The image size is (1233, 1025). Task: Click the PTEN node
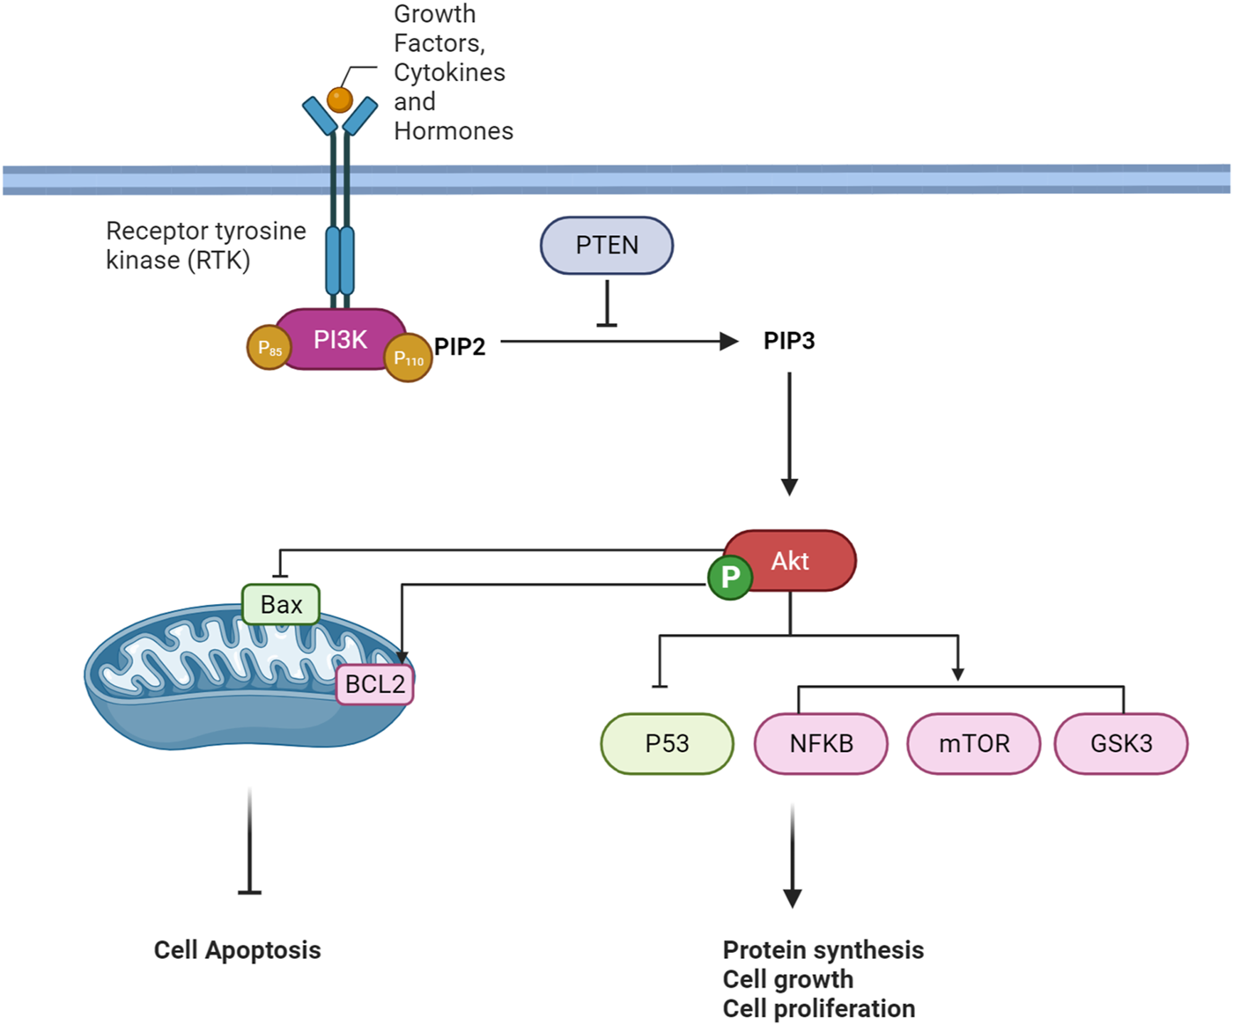pyautogui.click(x=607, y=245)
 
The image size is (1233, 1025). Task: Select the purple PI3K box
pyautogui.click(x=341, y=339)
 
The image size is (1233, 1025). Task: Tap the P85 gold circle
pyautogui.click(x=269, y=348)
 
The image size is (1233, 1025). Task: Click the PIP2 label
pyautogui.click(x=460, y=347)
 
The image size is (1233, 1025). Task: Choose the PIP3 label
pyautogui.click(x=789, y=341)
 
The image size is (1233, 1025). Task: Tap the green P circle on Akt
pyautogui.click(x=730, y=577)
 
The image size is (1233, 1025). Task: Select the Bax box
pyautogui.click(x=281, y=605)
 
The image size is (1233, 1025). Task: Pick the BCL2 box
pyautogui.click(x=375, y=684)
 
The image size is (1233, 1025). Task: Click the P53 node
pyautogui.click(x=667, y=743)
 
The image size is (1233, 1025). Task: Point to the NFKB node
pyautogui.click(x=821, y=743)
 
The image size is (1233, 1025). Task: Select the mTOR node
pyautogui.click(x=974, y=743)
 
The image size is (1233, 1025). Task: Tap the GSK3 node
pyautogui.click(x=1121, y=743)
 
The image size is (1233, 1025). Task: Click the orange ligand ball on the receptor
pyautogui.click(x=340, y=100)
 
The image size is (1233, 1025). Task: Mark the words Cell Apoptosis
pyautogui.click(x=237, y=950)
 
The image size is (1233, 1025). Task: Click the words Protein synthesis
pyautogui.click(x=823, y=950)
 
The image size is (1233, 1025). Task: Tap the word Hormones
pyautogui.click(x=454, y=131)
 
